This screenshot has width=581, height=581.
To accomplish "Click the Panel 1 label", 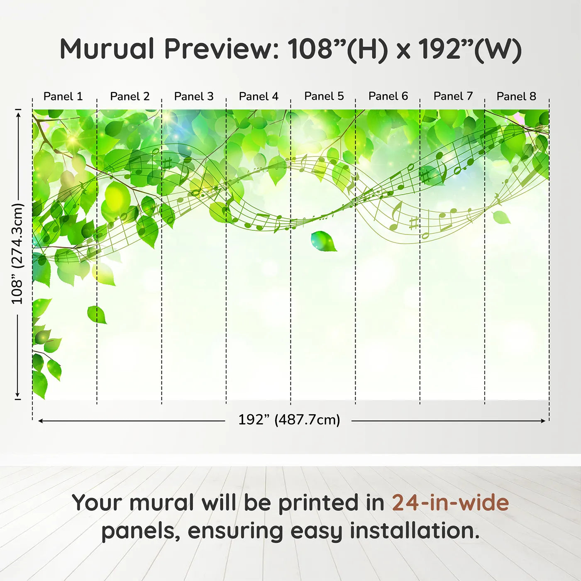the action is click(x=63, y=96).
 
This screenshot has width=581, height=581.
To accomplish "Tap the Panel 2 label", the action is click(x=129, y=96).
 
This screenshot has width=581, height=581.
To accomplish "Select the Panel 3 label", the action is click(x=194, y=96).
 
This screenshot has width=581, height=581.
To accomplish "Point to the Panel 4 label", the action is click(x=259, y=96).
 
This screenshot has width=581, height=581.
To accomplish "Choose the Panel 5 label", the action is click(x=324, y=96).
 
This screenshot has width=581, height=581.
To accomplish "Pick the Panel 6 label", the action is click(x=388, y=96).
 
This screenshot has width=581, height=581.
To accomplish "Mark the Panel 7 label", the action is click(x=453, y=96).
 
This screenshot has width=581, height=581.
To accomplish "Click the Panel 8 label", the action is click(x=517, y=96).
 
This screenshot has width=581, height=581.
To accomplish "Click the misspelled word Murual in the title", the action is click(x=107, y=49).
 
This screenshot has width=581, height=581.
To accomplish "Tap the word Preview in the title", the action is click(x=222, y=49).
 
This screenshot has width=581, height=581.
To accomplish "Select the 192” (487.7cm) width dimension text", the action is click(x=289, y=420).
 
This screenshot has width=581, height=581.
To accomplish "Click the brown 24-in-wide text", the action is click(x=450, y=502).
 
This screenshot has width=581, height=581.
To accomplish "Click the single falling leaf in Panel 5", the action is click(x=324, y=241).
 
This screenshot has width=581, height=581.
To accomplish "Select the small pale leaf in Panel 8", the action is click(x=501, y=217).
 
